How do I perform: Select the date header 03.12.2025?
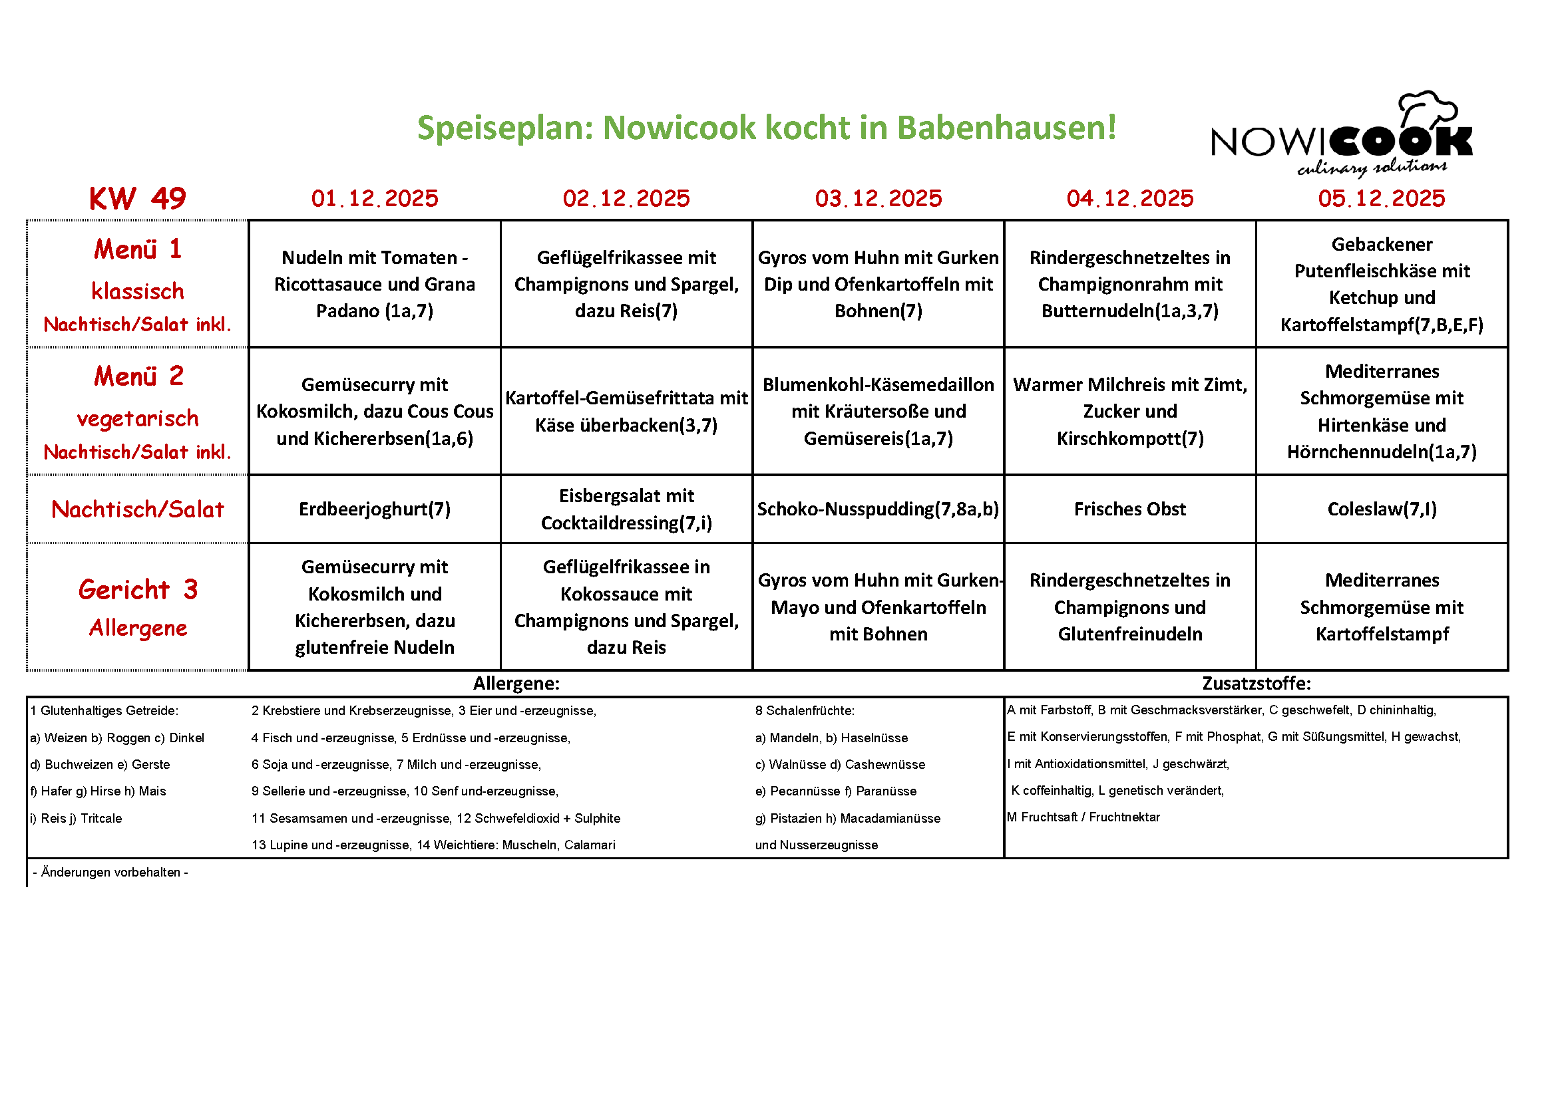click(878, 198)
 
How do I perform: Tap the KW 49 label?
click(138, 198)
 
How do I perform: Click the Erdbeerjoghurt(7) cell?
click(375, 509)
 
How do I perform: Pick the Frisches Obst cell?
click(1129, 509)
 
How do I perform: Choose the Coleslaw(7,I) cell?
click(1381, 509)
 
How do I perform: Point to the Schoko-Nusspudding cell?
click(878, 509)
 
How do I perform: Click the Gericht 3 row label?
click(138, 590)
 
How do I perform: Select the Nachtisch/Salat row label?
click(138, 509)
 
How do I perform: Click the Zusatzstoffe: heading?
click(1256, 683)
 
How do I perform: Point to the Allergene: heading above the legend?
click(516, 683)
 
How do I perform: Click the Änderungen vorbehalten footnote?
click(110, 872)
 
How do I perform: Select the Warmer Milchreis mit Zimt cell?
click(1129, 411)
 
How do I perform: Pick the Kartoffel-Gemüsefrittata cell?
click(626, 411)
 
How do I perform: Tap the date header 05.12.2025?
click(1381, 198)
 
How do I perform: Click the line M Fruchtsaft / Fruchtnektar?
click(1083, 817)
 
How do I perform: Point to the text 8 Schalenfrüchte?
click(805, 710)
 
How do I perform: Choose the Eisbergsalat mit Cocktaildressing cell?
click(626, 509)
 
